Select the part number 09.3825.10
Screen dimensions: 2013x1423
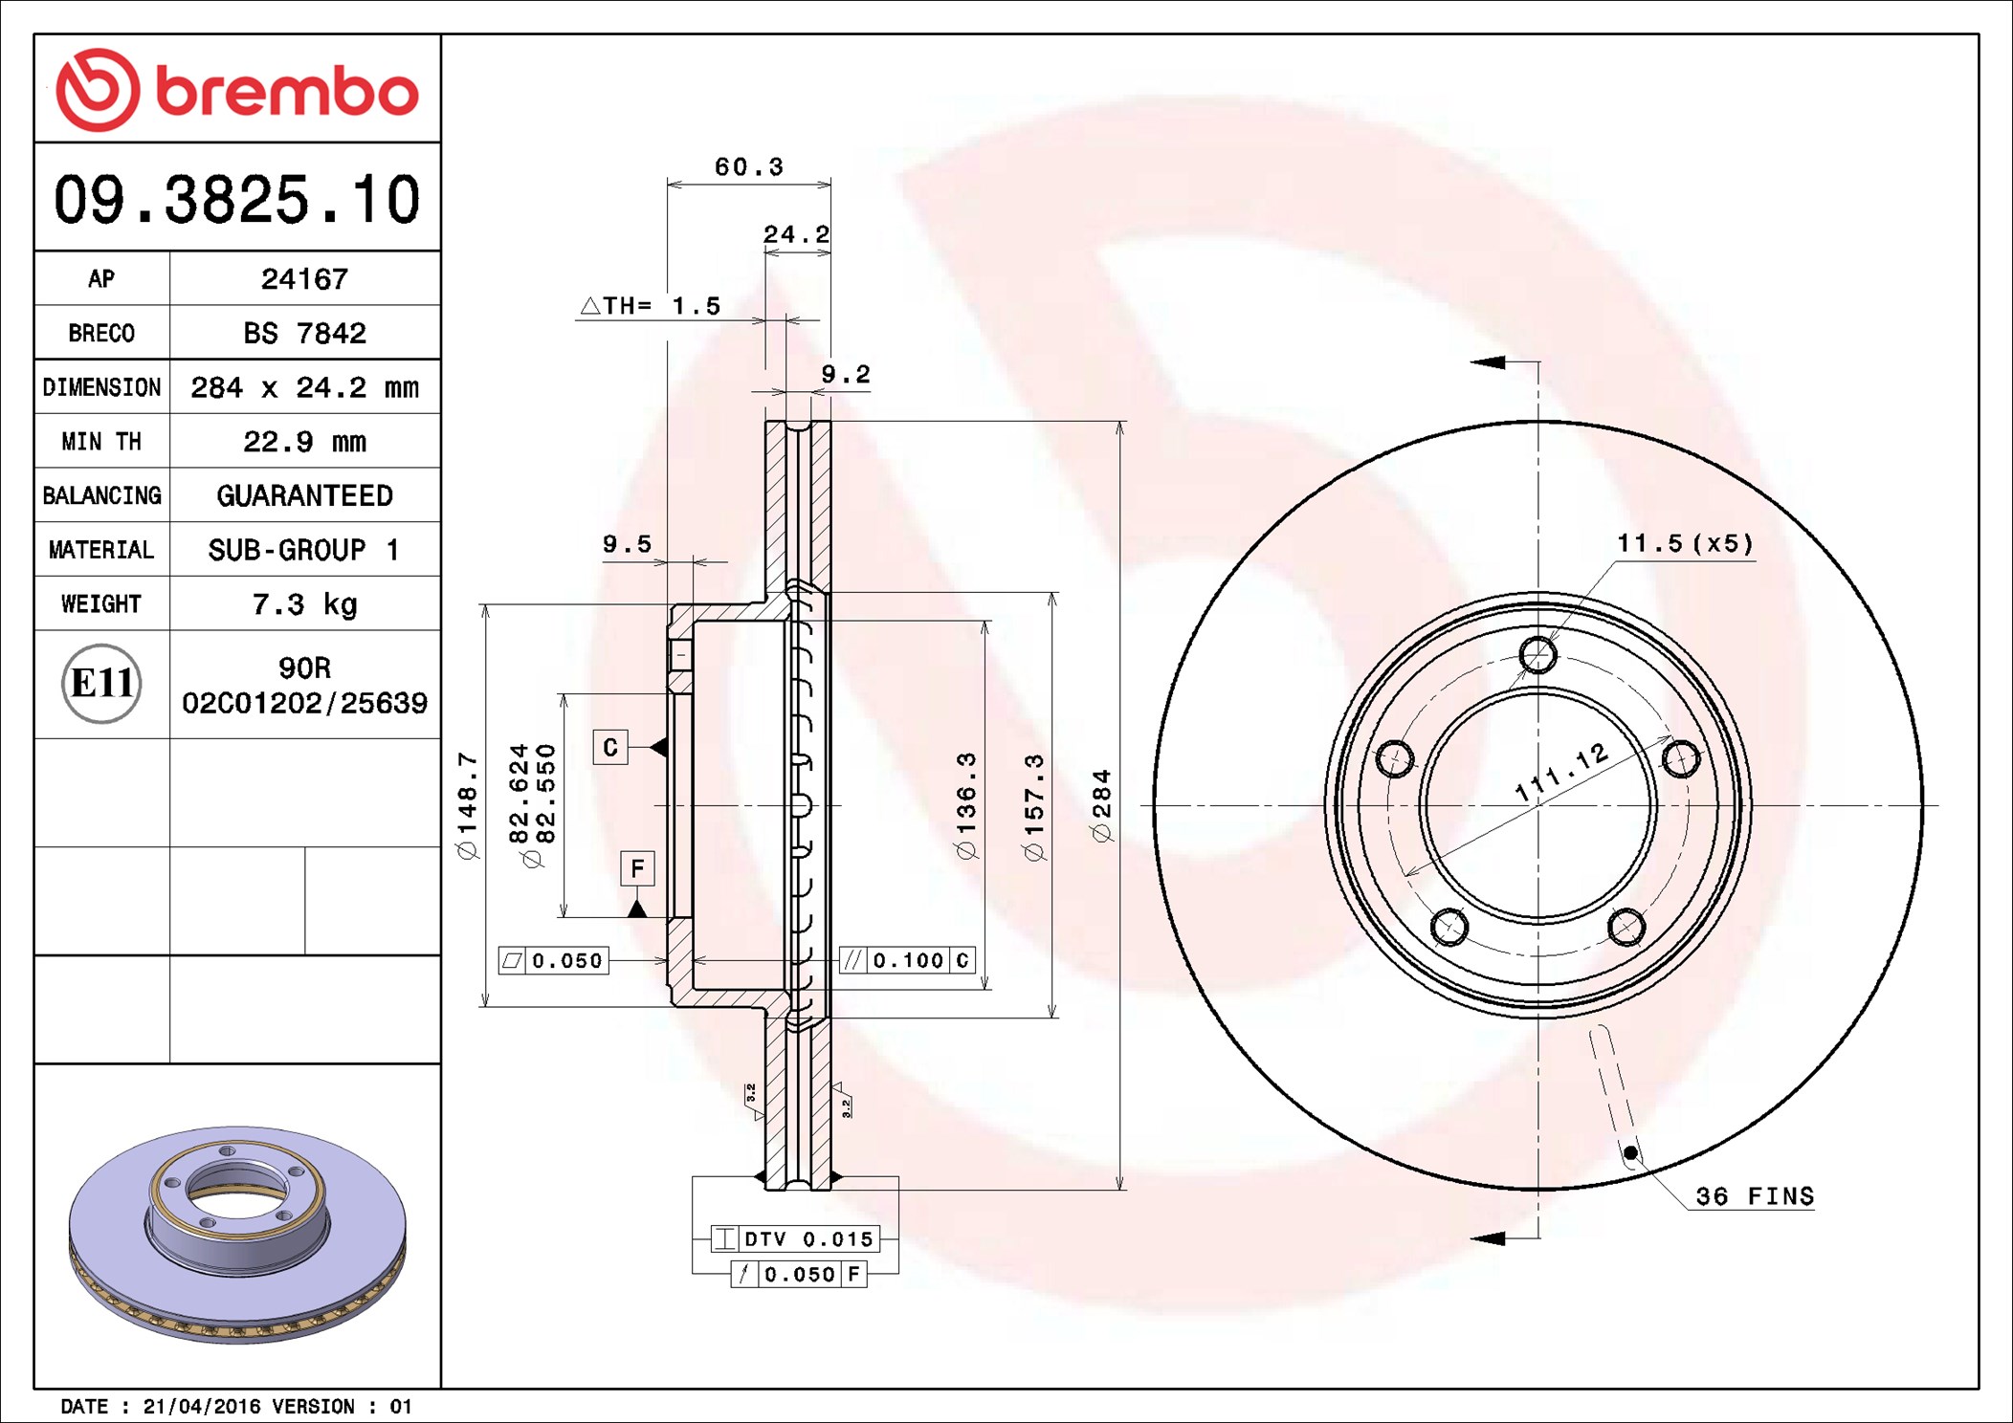pyautogui.click(x=236, y=200)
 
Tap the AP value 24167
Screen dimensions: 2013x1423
pyautogui.click(x=304, y=278)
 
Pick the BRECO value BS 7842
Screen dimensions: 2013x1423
pyautogui.click(x=304, y=333)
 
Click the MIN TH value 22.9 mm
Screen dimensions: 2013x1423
pyautogui.click(x=304, y=442)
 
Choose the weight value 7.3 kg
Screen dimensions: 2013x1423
pyautogui.click(x=304, y=604)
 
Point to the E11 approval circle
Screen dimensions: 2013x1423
pyautogui.click(x=101, y=683)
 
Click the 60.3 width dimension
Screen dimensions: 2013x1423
pyautogui.click(x=749, y=167)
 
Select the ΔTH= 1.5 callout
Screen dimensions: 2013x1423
pyautogui.click(x=651, y=306)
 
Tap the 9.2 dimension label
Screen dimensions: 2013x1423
pyautogui.click(x=846, y=374)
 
